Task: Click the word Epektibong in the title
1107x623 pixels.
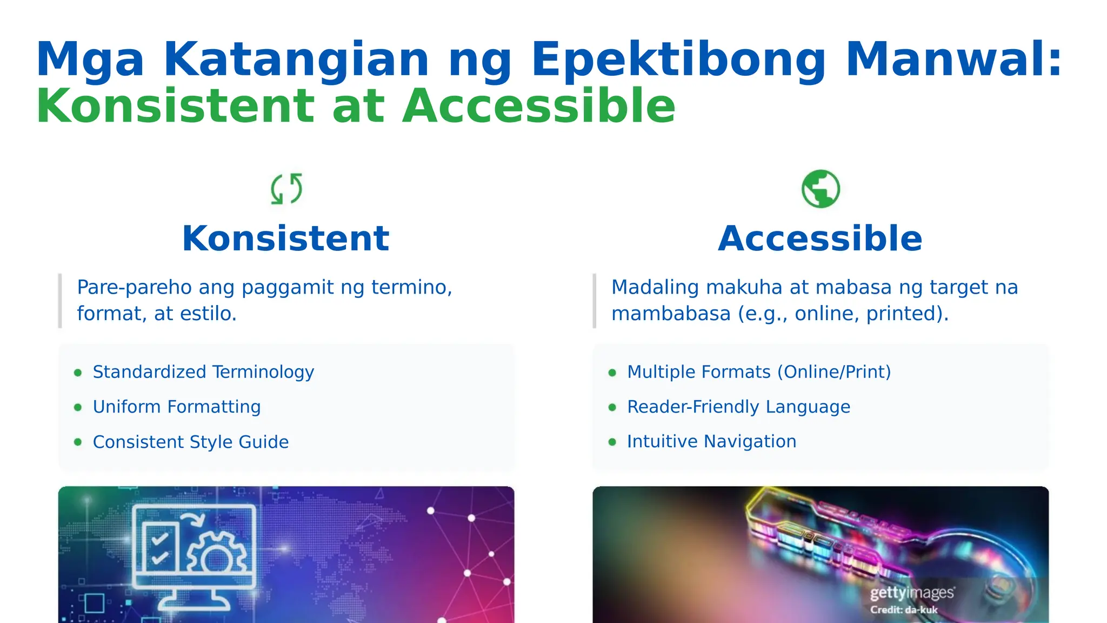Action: click(678, 59)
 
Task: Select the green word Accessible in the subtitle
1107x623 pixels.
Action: click(539, 106)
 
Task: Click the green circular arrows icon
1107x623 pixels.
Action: click(286, 189)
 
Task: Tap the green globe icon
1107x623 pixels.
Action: click(821, 189)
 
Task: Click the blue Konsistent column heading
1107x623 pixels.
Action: click(285, 238)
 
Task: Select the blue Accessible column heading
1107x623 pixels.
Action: click(820, 238)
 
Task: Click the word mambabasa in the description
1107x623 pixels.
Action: click(671, 314)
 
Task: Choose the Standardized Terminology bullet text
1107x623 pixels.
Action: click(203, 372)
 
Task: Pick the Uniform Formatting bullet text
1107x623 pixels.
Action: click(177, 407)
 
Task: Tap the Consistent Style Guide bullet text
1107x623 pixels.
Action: click(191, 442)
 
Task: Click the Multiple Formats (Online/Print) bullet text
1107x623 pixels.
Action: click(759, 372)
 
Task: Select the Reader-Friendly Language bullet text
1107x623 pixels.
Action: click(738, 407)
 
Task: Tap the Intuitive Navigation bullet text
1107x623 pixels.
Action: click(711, 441)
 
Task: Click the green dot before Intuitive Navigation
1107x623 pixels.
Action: click(612, 442)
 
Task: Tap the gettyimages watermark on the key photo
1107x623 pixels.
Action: click(912, 593)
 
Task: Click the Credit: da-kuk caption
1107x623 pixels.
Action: click(904, 610)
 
